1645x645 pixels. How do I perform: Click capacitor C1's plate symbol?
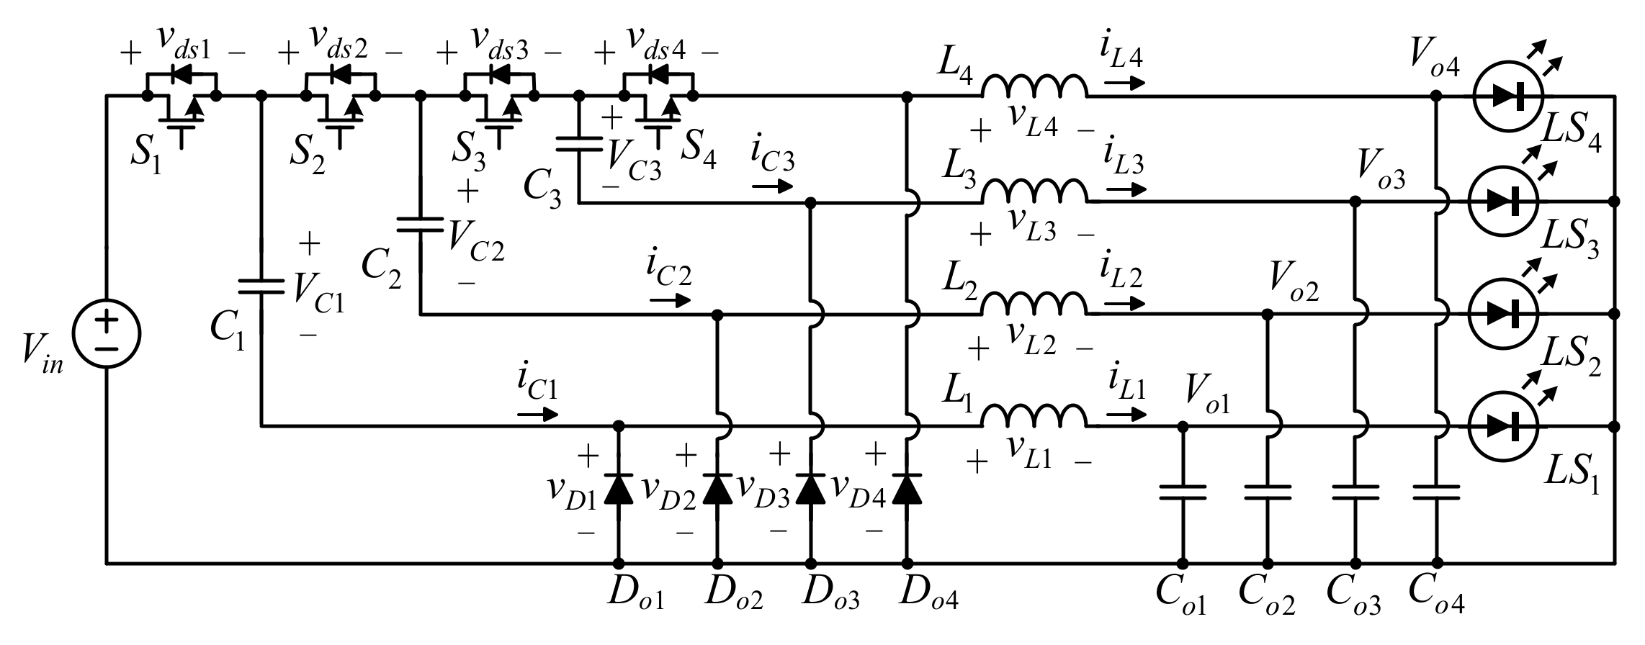pos(261,287)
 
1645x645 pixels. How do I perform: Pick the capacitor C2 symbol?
pos(420,225)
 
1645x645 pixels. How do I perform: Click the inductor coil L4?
pos(1034,88)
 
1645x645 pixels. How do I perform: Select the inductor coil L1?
pos(1034,418)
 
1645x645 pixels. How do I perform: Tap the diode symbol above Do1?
pos(617,489)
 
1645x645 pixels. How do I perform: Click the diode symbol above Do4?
pos(906,489)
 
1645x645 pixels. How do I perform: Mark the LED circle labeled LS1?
pos(1503,426)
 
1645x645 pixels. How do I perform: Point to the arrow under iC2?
pos(670,301)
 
